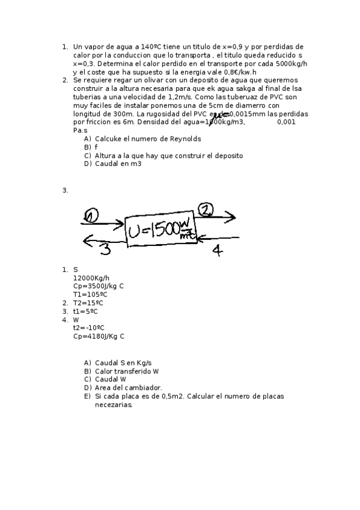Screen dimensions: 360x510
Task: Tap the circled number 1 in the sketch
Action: coord(91,215)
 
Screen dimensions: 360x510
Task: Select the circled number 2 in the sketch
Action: coord(206,209)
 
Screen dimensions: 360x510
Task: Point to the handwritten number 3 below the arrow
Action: coord(105,248)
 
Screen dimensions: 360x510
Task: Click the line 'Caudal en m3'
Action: coord(118,164)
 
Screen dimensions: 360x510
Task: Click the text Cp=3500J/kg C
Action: coord(98,286)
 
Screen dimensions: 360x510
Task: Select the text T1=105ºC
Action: coord(90,295)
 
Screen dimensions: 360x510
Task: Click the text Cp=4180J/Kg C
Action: coord(99,337)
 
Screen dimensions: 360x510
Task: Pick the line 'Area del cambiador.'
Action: coord(128,388)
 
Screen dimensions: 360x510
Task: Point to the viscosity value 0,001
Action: coord(286,122)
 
